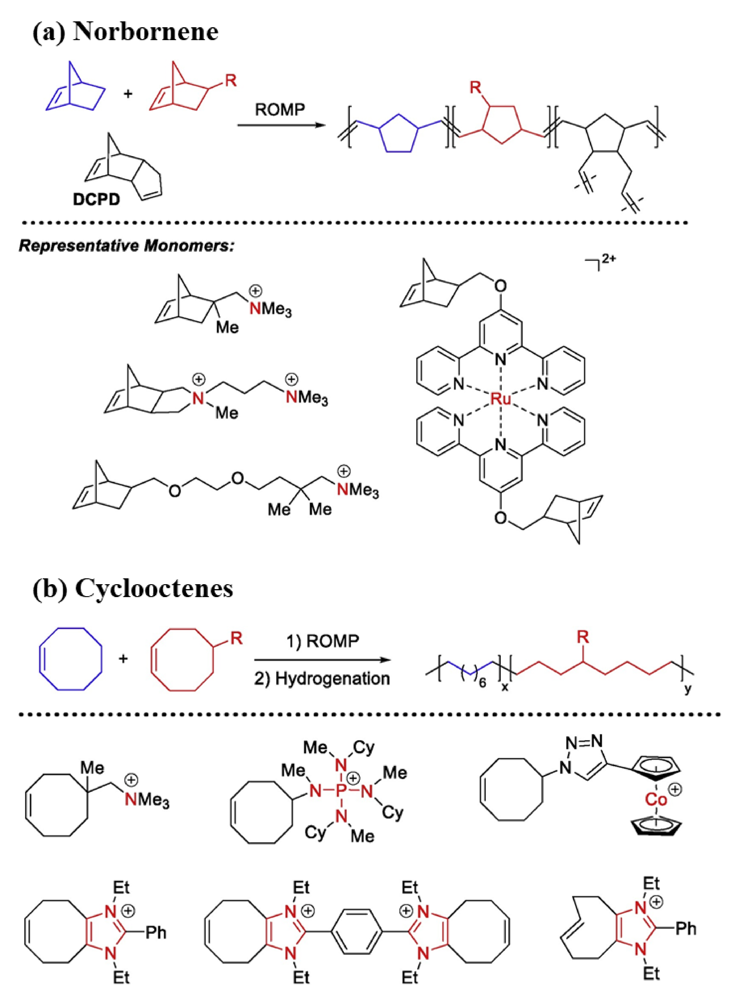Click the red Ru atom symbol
click(x=500, y=399)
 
